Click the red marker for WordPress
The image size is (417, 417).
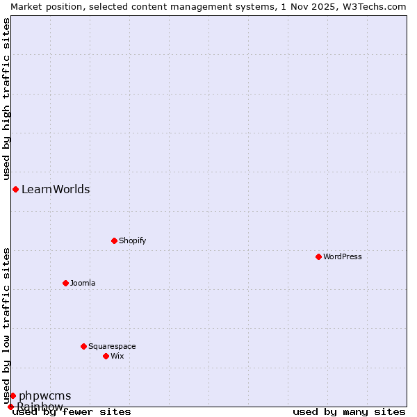coord(318,256)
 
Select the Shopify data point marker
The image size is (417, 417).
coord(114,240)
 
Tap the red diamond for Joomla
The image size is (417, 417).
coord(65,283)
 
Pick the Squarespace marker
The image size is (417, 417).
coord(83,346)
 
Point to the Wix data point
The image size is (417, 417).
coord(106,356)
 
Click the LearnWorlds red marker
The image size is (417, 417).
coord(15,189)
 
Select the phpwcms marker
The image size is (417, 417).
coord(13,395)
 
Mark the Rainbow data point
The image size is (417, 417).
coord(10,407)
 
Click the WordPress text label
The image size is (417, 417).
coord(343,256)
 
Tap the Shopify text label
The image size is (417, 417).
coord(132,240)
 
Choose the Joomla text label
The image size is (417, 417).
coord(83,283)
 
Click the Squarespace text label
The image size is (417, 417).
coord(112,346)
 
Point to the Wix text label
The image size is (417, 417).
coord(117,356)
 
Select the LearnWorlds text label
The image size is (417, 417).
coord(56,189)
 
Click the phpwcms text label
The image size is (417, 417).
coord(44,396)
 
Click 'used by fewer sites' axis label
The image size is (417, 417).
coord(72,412)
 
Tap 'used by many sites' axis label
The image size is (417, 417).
coord(349,412)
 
